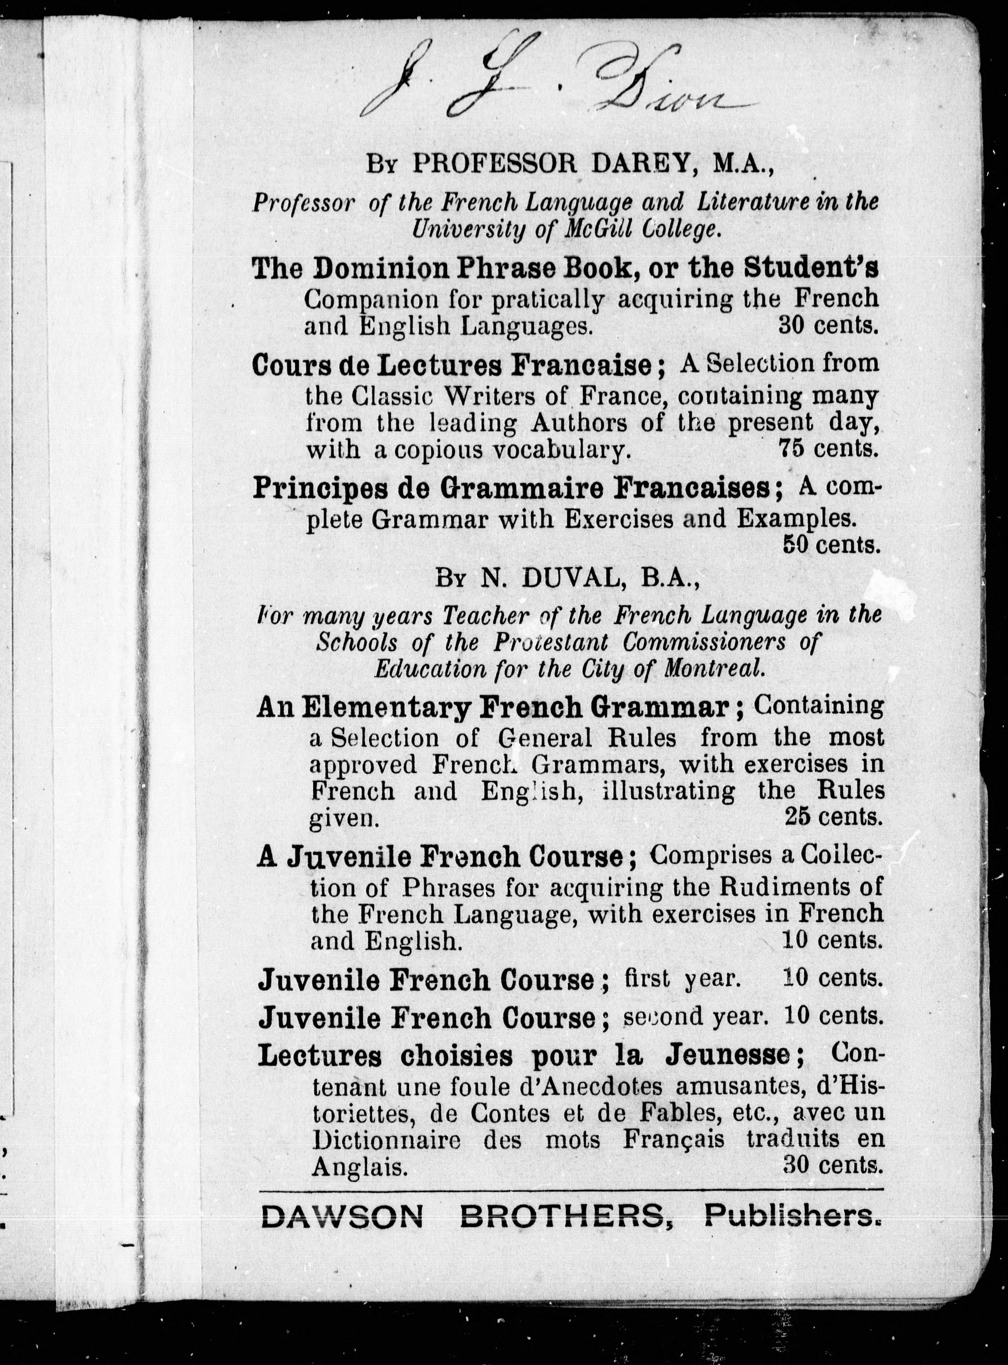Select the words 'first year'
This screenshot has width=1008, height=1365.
click(683, 979)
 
